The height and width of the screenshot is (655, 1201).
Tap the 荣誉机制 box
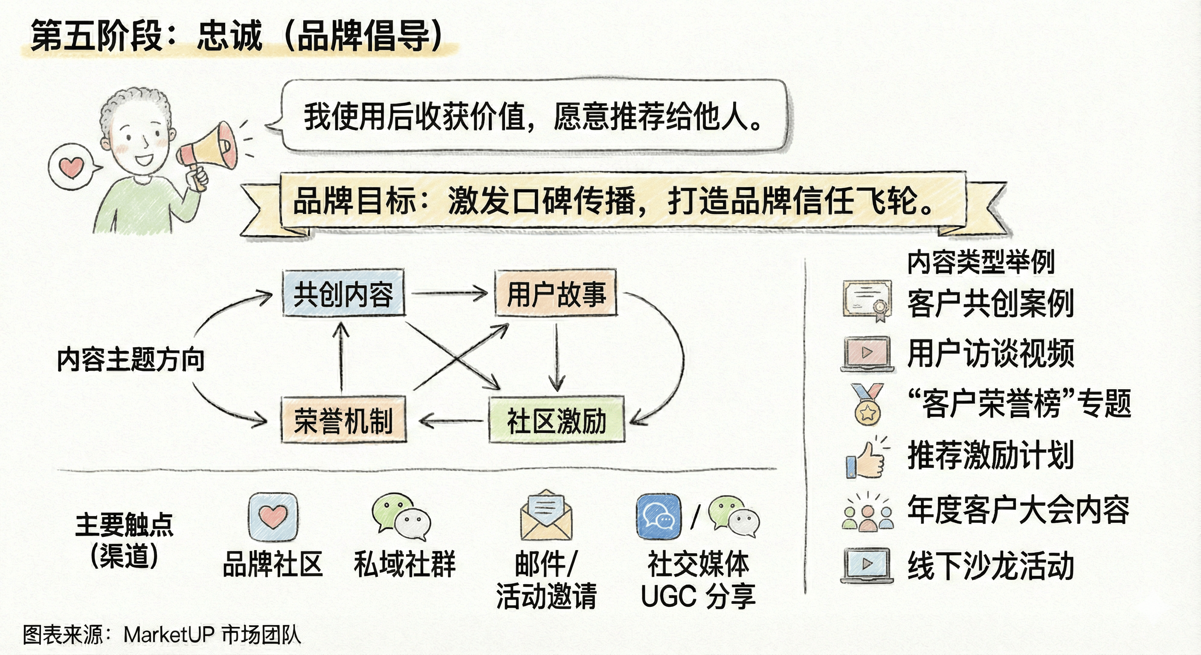point(343,420)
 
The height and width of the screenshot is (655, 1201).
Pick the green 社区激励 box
point(556,420)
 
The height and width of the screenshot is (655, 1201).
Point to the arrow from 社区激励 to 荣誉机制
point(450,421)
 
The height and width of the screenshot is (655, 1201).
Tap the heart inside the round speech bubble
point(72,167)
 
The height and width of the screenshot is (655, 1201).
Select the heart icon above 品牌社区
point(273,516)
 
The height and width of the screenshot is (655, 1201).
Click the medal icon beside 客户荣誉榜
point(867,404)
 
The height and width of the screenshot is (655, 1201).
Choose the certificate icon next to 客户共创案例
point(867,300)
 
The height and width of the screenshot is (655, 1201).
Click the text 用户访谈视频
point(990,354)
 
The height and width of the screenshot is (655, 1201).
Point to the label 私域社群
point(404,564)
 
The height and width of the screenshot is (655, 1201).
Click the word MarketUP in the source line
point(169,635)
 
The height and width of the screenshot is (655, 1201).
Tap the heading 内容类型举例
point(981,262)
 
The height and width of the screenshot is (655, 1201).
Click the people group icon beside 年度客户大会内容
point(867,513)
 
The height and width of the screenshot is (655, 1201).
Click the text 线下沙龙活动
point(990,566)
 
